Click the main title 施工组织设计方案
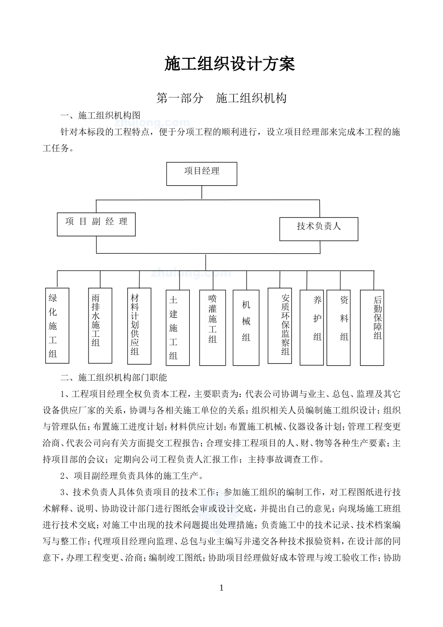[x=229, y=64]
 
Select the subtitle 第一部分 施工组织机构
[x=221, y=98]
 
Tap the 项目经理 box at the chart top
[x=201, y=174]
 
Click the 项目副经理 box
[x=96, y=224]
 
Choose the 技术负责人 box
[x=319, y=229]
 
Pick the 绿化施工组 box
[x=57, y=326]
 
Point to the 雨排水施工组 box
[x=100, y=326]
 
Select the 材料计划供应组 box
[x=139, y=326]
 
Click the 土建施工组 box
[x=177, y=328]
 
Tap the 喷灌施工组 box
[x=213, y=328]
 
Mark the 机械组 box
[x=246, y=328]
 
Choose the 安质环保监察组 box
[x=280, y=326]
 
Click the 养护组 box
[x=311, y=328]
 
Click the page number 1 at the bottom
[x=221, y=588]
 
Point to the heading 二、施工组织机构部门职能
[x=113, y=377]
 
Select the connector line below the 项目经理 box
[x=201, y=193]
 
